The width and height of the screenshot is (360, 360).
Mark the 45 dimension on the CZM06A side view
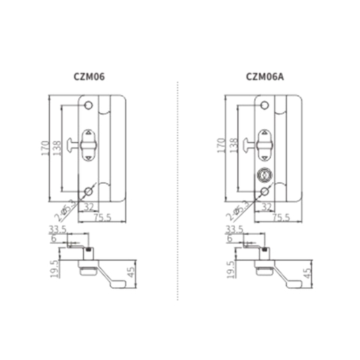point(307,271)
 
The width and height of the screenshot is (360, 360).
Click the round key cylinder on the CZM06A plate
point(263,175)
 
